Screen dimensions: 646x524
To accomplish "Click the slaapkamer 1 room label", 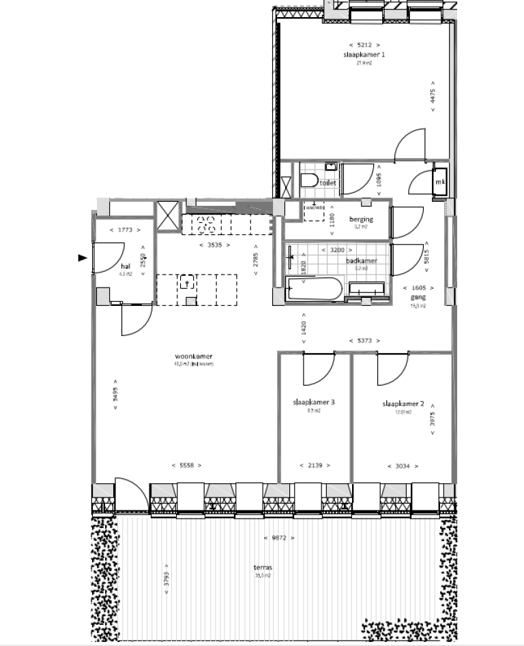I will pos(364,55).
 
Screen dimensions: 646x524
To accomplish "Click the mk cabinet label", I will pos(440,183).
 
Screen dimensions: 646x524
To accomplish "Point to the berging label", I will pos(361,219).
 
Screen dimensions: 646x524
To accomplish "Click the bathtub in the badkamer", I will pos(315,290).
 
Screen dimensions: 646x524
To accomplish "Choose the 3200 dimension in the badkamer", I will pos(336,250).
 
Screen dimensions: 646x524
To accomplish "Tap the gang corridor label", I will pos(418,298).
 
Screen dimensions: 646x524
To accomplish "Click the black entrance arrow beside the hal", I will pos(83,258).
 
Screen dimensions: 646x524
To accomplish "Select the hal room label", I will pos(125,266).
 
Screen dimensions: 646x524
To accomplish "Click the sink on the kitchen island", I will pos(188,281).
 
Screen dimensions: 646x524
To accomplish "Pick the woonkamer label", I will pos(194,356).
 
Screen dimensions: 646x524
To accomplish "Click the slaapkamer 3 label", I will pos(314,402).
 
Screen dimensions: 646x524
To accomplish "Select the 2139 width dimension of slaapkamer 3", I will pos(315,465).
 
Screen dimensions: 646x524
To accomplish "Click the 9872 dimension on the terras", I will pos(280,538).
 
